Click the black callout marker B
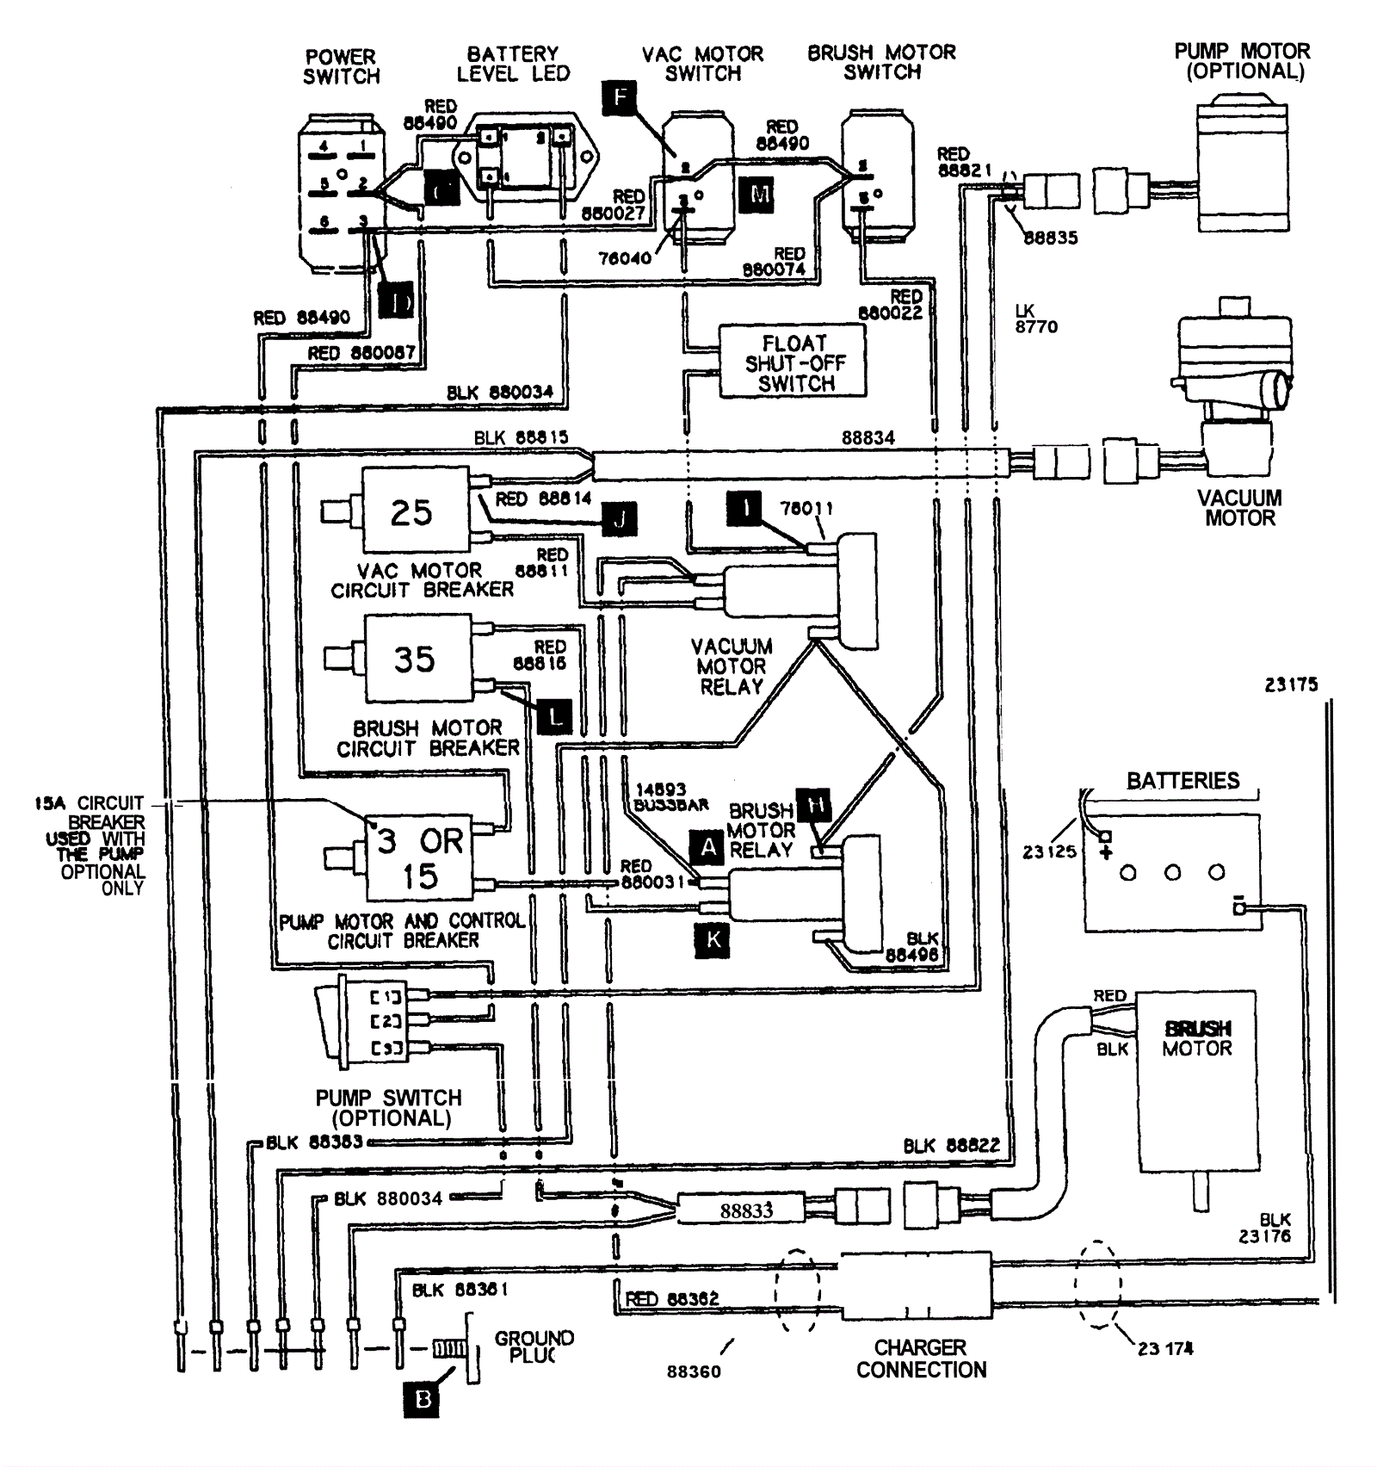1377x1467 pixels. [422, 1400]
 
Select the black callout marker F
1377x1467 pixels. [621, 96]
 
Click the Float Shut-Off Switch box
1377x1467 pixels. [793, 362]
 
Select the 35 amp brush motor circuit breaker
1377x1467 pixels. [417, 659]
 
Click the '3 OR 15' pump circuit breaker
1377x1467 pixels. [419, 857]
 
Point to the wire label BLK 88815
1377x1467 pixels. [521, 437]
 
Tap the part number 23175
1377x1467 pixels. [1291, 684]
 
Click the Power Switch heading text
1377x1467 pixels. [341, 66]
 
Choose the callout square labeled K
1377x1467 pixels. [713, 940]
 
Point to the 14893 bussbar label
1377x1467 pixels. [671, 796]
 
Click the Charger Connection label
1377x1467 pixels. [921, 1359]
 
